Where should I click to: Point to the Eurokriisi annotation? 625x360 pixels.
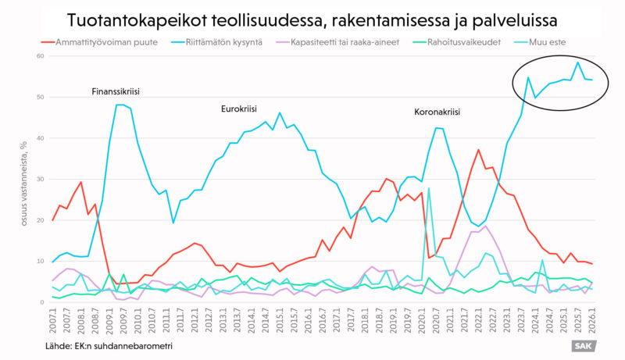click(239, 109)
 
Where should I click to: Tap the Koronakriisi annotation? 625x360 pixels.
click(437, 112)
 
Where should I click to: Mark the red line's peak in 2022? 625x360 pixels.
click(478, 150)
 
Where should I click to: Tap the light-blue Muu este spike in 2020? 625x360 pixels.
click(429, 188)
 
